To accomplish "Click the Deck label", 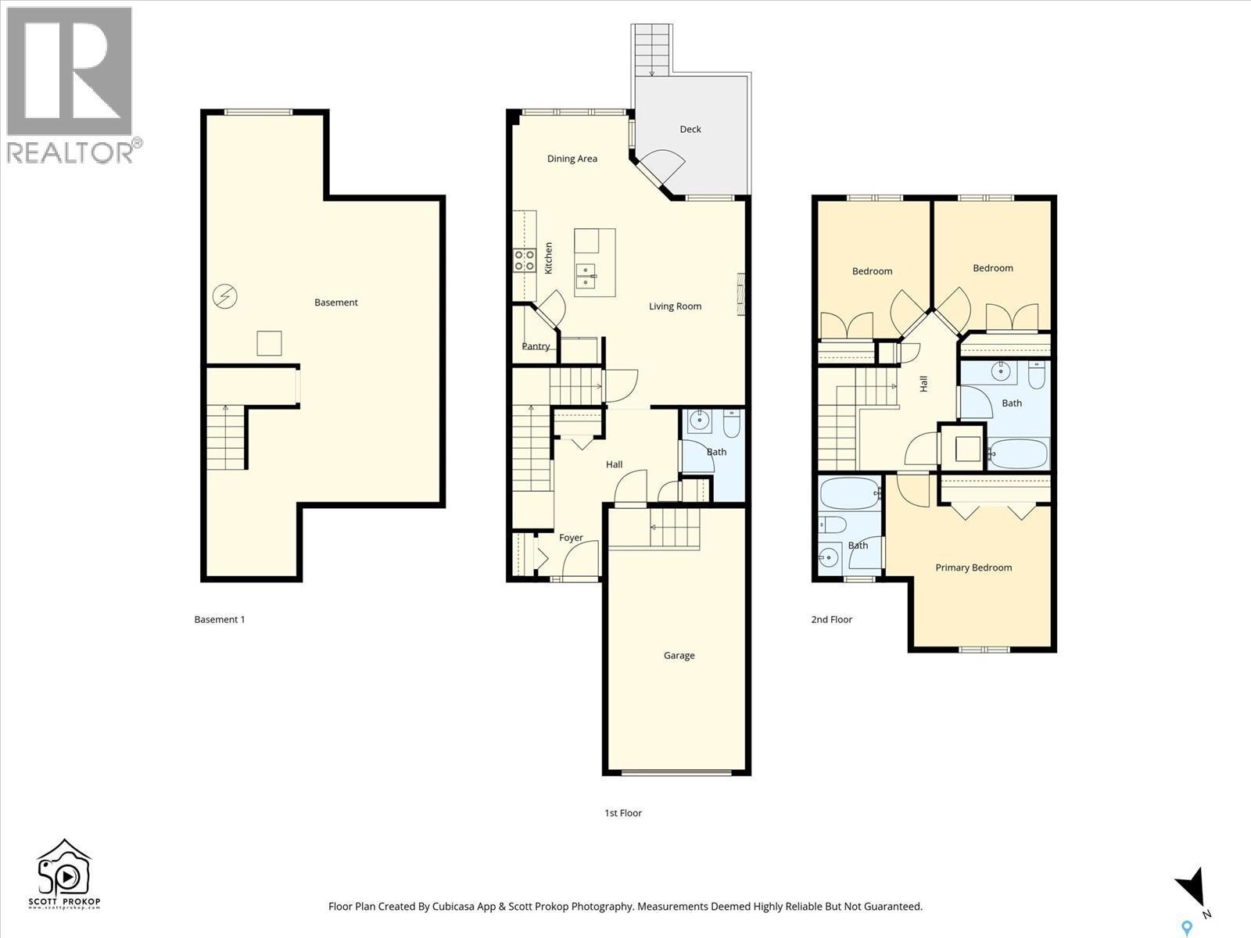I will pos(690,129).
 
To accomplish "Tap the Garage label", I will pos(679,656).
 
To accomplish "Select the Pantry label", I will pos(536,346).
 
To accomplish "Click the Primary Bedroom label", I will pos(973,567).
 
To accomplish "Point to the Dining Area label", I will pos(572,159).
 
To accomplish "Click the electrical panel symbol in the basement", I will pos(224,296).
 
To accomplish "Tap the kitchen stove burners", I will pos(524,260).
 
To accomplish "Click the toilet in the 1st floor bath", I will pos(732,424).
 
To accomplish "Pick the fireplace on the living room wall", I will pos(740,294).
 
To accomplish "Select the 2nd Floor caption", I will pos(831,619).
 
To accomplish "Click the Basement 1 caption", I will pos(219,619).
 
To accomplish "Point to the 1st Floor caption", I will pos(622,813).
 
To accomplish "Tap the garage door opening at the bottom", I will pos(677,772).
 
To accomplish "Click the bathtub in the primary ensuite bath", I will pos(849,493).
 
